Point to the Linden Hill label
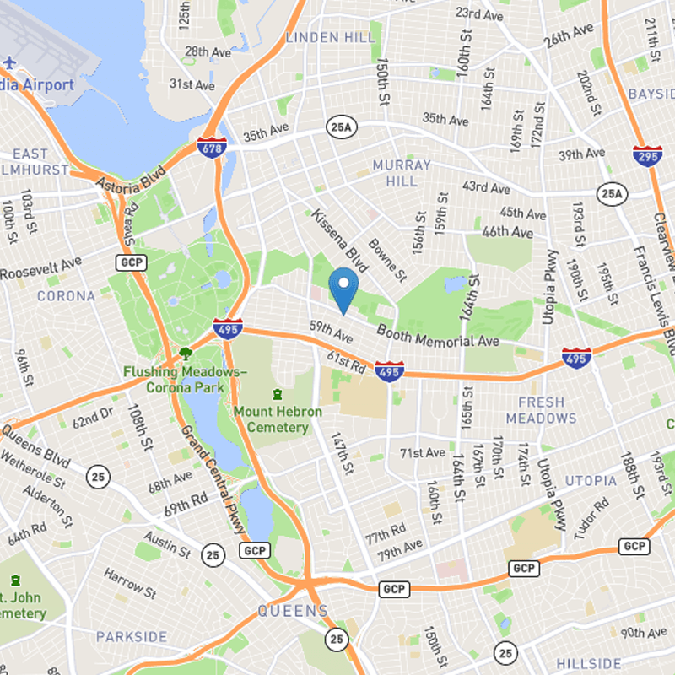pos(330,38)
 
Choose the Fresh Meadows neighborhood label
pos(541,410)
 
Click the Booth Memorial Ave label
pos(438,335)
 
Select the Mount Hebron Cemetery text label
pos(278,419)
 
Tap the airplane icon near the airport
pos(10,62)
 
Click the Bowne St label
pos(387,262)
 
